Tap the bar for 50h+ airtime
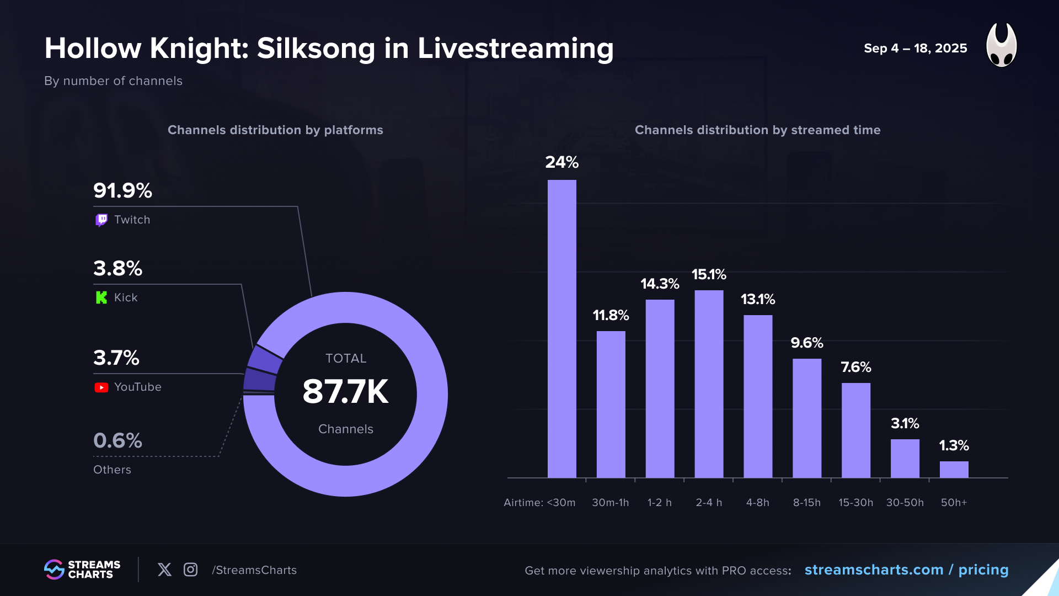click(x=954, y=470)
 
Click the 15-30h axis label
click(x=855, y=503)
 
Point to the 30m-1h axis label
click(x=610, y=503)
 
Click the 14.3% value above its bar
click(x=660, y=284)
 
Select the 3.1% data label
click(x=905, y=423)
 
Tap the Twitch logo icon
click(x=101, y=220)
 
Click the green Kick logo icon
click(x=101, y=298)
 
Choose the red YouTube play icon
click(x=101, y=387)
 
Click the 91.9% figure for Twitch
click(x=122, y=191)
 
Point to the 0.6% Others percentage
click(x=117, y=441)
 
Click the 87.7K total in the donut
click(x=345, y=392)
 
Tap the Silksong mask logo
click(x=1001, y=45)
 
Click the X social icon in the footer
click(x=164, y=570)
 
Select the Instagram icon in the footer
click(x=190, y=570)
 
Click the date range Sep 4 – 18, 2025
click(x=915, y=49)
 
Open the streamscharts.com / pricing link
click(x=906, y=570)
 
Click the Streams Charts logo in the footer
click(x=82, y=570)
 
